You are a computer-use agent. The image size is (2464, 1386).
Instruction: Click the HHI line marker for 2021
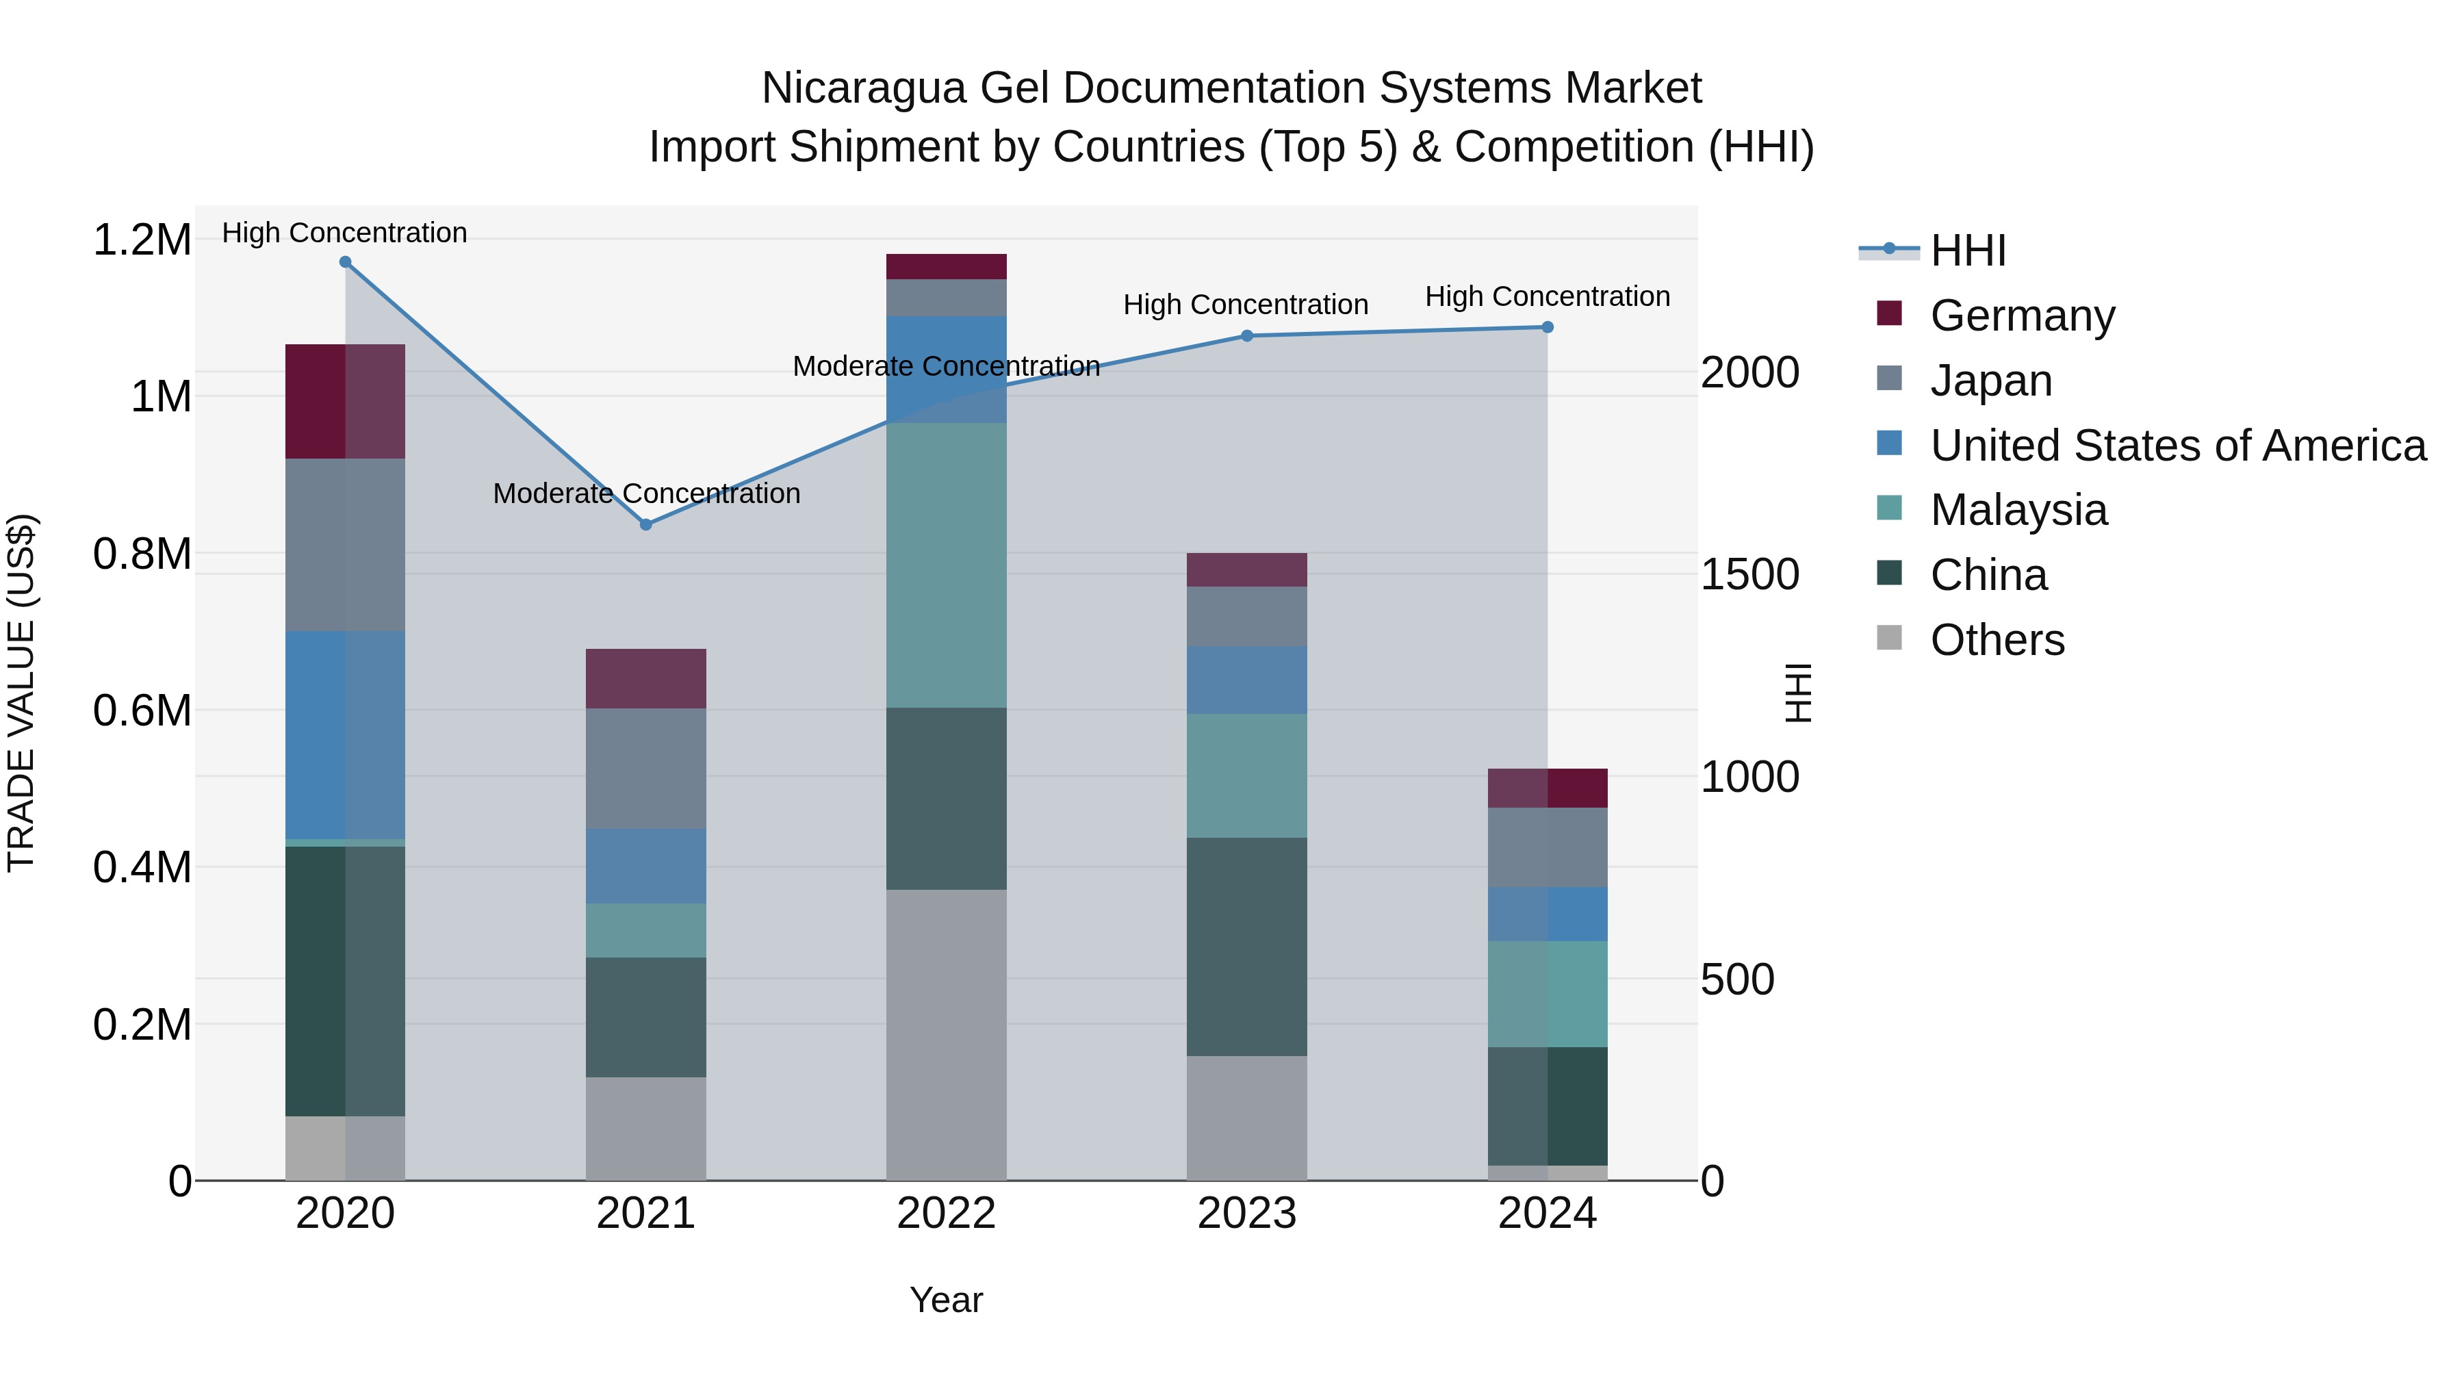[645, 524]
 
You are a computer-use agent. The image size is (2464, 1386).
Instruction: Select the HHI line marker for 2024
[1548, 327]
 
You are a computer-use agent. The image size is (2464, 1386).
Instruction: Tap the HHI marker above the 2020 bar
[346, 261]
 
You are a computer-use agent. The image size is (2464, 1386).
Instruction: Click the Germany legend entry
[2022, 316]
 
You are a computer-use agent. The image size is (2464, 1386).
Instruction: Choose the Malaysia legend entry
[2018, 510]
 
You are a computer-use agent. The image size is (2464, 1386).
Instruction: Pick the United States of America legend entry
[2178, 446]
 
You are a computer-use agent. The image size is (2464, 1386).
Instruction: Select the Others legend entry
[1997, 640]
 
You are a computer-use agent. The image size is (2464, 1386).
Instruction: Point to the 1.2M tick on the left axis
[142, 239]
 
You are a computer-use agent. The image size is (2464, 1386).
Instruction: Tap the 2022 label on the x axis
[946, 1214]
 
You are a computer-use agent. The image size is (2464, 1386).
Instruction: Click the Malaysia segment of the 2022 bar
[946, 565]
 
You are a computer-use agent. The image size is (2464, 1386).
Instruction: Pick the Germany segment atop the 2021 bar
[645, 678]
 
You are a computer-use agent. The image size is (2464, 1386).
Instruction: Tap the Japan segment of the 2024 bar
[1548, 847]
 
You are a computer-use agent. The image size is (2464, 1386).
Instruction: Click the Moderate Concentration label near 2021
[647, 493]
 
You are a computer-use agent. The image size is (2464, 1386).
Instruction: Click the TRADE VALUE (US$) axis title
[21, 693]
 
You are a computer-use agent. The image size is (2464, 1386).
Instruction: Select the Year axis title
[946, 1300]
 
